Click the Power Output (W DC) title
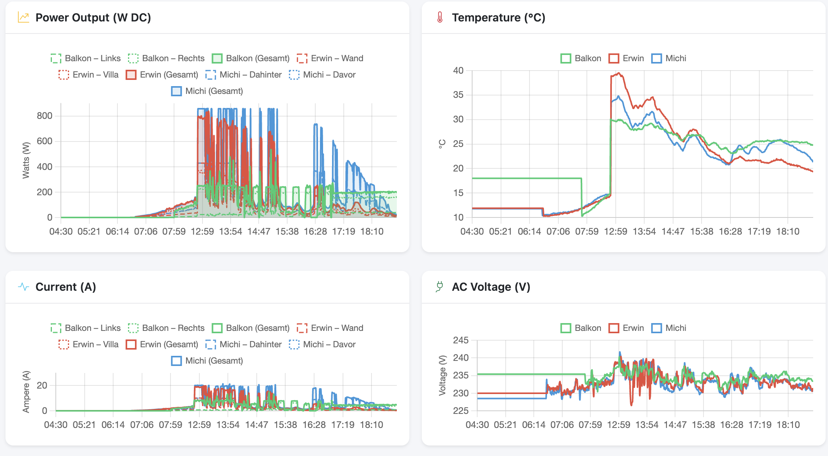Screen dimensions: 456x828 (93, 18)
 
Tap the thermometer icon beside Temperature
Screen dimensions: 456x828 (440, 18)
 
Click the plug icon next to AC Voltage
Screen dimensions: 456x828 (440, 287)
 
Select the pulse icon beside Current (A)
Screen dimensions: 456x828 (23, 287)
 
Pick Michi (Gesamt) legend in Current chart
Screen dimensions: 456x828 (207, 361)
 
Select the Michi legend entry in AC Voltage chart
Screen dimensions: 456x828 (668, 328)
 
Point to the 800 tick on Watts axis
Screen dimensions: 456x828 (44, 116)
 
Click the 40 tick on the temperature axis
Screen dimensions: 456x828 (458, 71)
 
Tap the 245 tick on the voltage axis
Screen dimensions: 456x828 (460, 340)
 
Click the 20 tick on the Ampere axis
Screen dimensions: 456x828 (42, 385)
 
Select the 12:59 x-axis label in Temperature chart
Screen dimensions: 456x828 (615, 232)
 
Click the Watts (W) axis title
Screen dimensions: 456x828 (26, 160)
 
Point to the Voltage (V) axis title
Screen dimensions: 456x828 (442, 375)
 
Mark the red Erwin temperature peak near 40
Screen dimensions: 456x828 (618, 73)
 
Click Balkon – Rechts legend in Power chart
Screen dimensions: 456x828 (166, 58)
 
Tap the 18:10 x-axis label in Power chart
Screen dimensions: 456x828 (371, 232)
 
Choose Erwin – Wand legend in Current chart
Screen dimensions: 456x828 (330, 328)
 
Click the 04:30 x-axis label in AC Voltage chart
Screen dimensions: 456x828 (477, 425)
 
